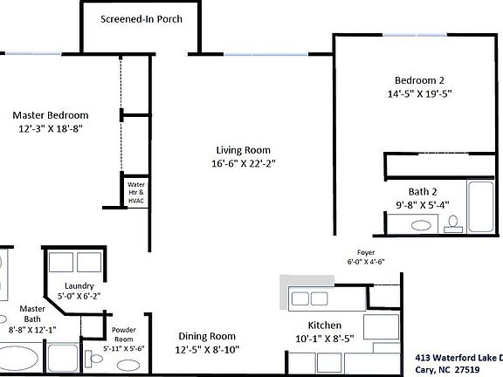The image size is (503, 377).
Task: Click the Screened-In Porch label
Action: pos(141,18)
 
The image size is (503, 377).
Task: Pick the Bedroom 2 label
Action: pos(420,78)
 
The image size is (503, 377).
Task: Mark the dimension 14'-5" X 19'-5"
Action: pos(420,93)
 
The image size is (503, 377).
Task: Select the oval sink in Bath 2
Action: pos(422,225)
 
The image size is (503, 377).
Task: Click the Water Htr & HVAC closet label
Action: pos(135,193)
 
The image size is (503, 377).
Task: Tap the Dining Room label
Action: pos(208,336)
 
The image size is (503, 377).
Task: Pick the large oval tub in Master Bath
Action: pos(18,359)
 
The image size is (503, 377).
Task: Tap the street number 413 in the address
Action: pos(423,356)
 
